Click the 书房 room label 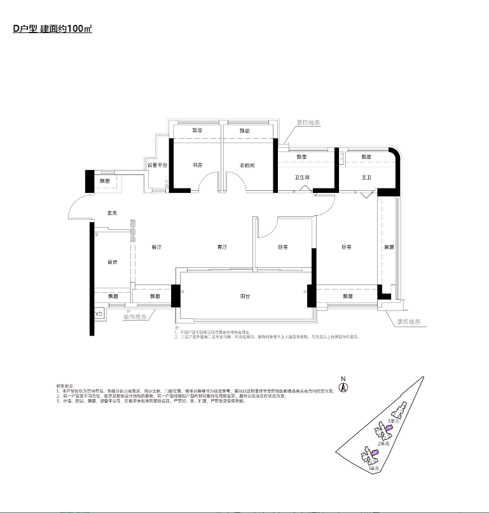197,165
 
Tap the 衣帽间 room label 247,165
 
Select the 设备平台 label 157,165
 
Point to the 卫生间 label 301,178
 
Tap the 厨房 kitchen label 113,262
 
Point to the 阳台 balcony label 245,296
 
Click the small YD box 99,314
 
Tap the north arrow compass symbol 343,387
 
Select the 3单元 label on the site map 394,421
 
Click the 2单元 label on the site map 383,442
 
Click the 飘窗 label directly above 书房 197,131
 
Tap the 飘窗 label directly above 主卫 366,157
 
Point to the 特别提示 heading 65,386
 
